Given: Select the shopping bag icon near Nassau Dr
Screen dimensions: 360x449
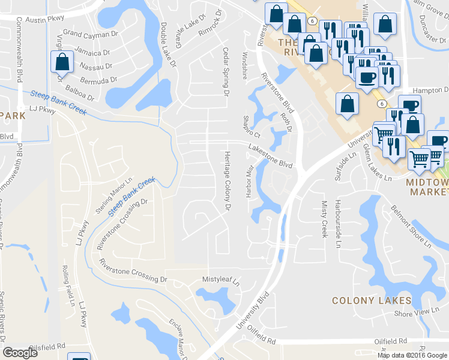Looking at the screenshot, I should [x=62, y=62].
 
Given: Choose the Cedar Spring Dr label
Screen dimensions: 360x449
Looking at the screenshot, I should [x=226, y=72].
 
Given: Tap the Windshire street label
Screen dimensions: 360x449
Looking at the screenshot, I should [x=244, y=65].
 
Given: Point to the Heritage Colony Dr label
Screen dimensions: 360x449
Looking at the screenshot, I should [x=228, y=180].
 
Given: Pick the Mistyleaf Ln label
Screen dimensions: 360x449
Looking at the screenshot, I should [x=220, y=280].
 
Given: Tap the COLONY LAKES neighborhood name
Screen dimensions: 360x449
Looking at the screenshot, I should [x=372, y=301].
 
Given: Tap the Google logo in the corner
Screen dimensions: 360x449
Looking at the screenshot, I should [x=20, y=353].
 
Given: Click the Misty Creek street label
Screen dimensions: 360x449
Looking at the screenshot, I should [x=324, y=219].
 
